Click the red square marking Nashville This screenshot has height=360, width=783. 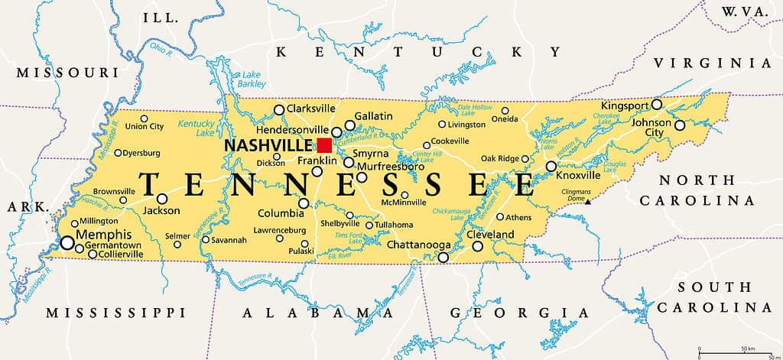tap(324, 145)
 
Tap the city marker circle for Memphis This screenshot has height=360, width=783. tap(67, 243)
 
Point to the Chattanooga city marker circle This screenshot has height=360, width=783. tap(443, 258)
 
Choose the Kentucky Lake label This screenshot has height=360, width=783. tap(195, 128)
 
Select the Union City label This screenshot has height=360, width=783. tap(145, 127)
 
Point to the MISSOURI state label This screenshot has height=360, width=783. tap(67, 73)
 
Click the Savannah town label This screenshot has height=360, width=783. tap(229, 240)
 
